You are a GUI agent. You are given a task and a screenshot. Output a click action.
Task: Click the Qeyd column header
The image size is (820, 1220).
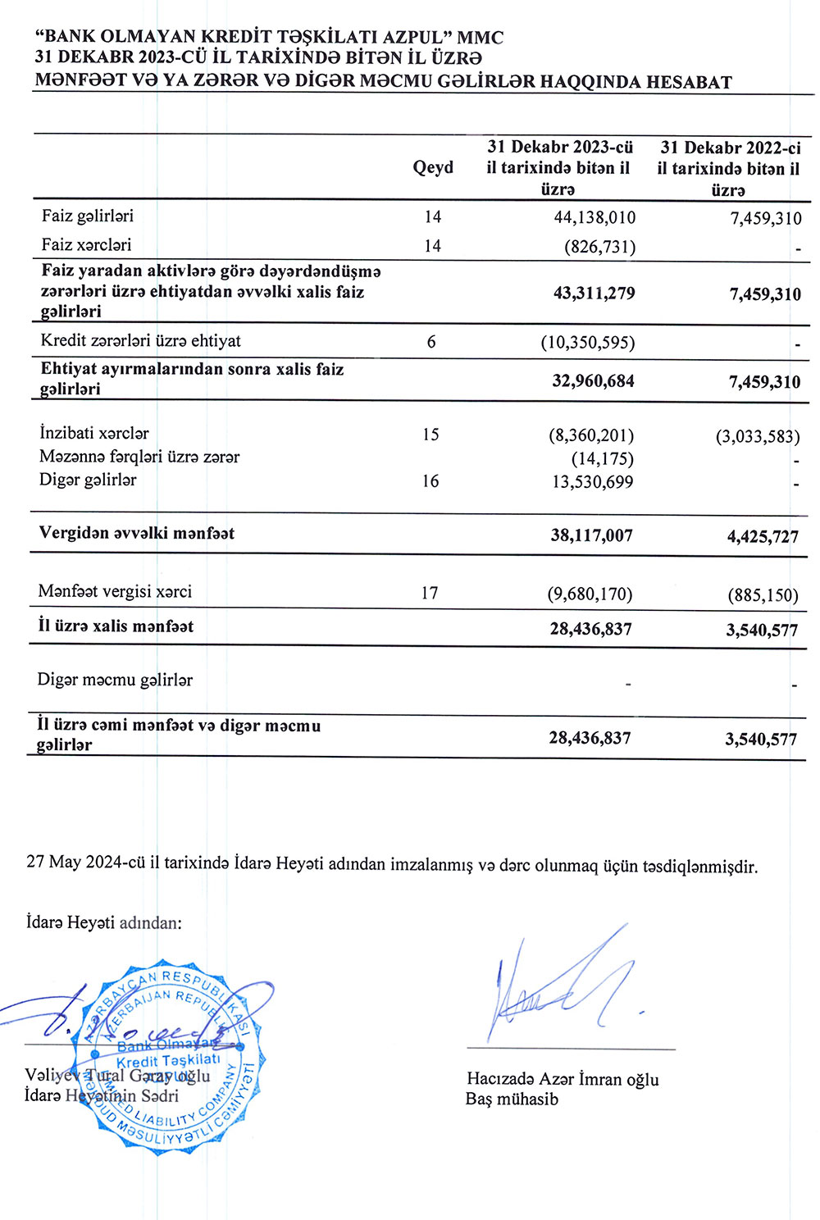pyautogui.click(x=433, y=168)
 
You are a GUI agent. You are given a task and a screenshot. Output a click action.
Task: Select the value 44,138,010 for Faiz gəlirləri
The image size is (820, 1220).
pyautogui.click(x=594, y=217)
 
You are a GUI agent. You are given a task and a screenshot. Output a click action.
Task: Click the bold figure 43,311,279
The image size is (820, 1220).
pyautogui.click(x=594, y=294)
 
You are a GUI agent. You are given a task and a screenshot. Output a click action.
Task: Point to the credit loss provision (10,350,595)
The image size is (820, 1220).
pyautogui.click(x=587, y=342)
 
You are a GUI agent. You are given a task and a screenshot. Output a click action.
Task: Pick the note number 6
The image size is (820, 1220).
pyautogui.click(x=431, y=342)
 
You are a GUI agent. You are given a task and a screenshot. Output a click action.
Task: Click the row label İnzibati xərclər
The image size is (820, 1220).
pyautogui.click(x=94, y=433)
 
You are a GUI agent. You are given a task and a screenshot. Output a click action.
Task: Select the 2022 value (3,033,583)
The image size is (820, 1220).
pyautogui.click(x=757, y=436)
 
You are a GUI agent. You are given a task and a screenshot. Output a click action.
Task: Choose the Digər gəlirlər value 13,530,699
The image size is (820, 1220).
pyautogui.click(x=592, y=482)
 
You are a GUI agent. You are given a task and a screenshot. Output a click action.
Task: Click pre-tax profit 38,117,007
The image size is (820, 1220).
pyautogui.click(x=591, y=535)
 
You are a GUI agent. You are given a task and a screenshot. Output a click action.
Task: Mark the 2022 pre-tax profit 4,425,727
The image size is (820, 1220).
pyautogui.click(x=762, y=537)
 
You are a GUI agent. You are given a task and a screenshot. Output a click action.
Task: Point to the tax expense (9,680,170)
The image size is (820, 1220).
pyautogui.click(x=590, y=594)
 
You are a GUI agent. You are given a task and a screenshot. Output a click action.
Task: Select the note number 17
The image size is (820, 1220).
pyautogui.click(x=430, y=593)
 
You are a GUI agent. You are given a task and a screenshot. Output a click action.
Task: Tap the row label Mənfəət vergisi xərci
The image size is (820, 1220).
pyautogui.click(x=115, y=591)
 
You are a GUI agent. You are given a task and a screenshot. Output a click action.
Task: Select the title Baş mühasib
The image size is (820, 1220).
pyautogui.click(x=512, y=1099)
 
